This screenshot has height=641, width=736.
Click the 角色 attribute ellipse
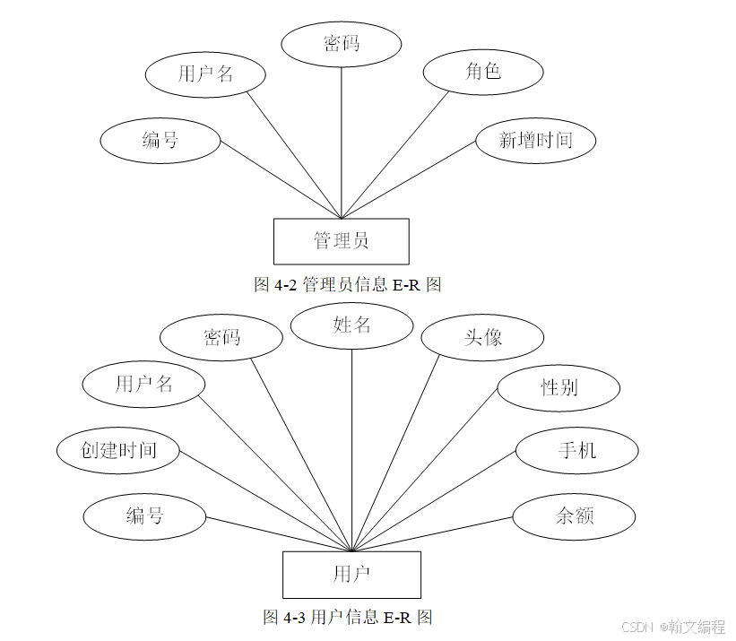point(482,73)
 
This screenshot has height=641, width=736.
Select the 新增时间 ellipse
point(535,140)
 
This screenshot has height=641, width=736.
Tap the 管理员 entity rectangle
point(341,241)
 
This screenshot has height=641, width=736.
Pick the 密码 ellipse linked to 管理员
point(342,43)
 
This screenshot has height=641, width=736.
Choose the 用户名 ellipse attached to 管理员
point(205,74)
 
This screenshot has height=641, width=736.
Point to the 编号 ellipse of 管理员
point(160,140)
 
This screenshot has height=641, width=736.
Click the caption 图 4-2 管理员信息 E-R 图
point(348,285)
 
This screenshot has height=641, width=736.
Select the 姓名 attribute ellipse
point(351,325)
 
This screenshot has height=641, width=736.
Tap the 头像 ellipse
point(482,338)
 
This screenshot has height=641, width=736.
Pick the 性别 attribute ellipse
point(558,388)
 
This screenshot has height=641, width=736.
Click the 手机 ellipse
point(576,449)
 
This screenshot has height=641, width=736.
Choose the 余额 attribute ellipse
point(574,515)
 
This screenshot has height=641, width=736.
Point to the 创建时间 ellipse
point(118,450)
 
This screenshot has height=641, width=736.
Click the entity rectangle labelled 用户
point(351,575)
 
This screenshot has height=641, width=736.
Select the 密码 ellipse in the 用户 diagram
point(221,338)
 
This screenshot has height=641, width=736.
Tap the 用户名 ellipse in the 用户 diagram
point(143,385)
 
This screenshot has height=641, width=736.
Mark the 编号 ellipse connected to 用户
point(144,515)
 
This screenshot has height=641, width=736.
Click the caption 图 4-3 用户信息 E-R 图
point(348,617)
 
